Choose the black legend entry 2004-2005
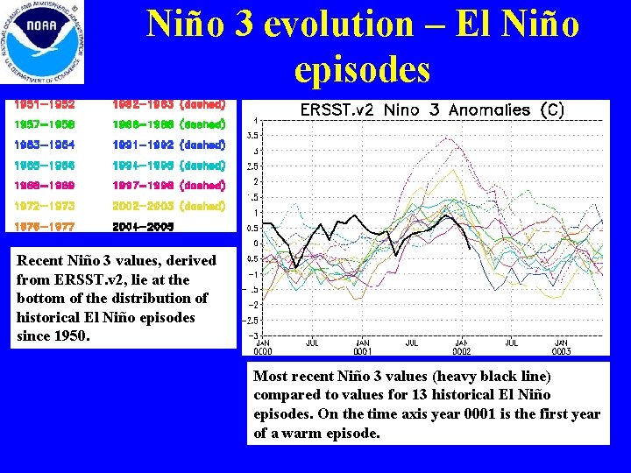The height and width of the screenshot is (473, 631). pyautogui.click(x=143, y=226)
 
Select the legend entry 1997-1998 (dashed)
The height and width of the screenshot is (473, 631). pyautogui.click(x=169, y=185)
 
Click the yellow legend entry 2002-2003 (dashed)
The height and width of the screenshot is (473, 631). pyautogui.click(x=169, y=206)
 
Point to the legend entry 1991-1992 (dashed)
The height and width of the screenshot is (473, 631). pyautogui.click(x=169, y=145)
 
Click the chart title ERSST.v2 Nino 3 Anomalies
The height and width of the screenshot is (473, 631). pyautogui.click(x=431, y=109)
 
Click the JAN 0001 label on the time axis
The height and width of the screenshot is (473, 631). pyautogui.click(x=362, y=347)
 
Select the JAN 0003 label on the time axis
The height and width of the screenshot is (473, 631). pyautogui.click(x=562, y=347)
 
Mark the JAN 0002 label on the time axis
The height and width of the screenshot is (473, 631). pyautogui.click(x=462, y=347)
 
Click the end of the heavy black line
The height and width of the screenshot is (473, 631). pyautogui.click(x=471, y=250)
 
